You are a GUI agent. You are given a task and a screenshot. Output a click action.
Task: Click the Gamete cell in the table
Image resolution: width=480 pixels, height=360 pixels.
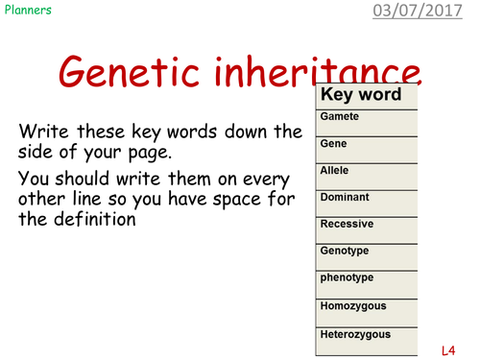340,116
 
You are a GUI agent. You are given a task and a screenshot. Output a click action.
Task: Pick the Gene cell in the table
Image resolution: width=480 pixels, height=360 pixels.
335,143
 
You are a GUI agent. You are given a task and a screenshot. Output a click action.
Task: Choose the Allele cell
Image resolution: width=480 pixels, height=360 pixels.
336,170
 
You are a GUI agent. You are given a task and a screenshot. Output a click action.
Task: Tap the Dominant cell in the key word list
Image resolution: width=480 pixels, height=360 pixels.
345,197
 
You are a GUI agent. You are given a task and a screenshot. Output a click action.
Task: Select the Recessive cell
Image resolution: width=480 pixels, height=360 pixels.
347,224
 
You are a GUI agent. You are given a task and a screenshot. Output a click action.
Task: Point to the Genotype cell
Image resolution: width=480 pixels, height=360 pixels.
346,251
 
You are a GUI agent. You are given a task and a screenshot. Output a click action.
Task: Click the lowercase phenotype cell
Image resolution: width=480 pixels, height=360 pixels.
348,277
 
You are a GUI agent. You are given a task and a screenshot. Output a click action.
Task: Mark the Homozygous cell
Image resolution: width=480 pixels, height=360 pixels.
352,305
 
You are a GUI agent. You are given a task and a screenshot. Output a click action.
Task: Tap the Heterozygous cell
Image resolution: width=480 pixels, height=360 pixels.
355,333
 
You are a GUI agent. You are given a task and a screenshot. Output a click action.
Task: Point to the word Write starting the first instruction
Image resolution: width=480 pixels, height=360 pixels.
44,131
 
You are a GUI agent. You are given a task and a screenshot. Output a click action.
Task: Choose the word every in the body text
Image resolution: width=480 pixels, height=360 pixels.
274,177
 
